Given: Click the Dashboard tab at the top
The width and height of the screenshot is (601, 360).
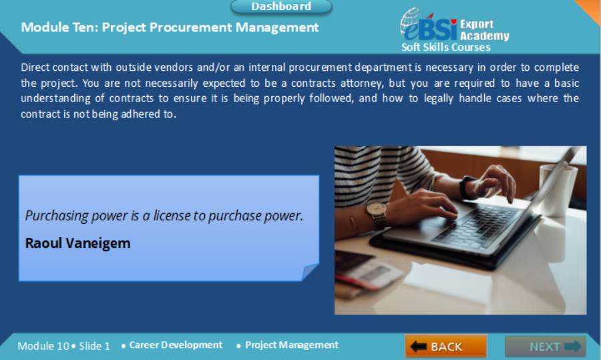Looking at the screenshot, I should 281,7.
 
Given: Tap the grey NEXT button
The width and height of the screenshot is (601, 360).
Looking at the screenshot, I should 546,347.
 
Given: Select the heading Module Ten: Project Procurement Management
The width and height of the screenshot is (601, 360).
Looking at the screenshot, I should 170,27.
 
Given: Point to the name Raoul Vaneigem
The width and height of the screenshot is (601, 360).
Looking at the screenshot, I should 77,243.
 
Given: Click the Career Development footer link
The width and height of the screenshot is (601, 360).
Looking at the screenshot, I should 176,345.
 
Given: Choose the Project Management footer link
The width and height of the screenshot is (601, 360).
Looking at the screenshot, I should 291,345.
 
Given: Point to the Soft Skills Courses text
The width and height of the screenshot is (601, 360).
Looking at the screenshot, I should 445,47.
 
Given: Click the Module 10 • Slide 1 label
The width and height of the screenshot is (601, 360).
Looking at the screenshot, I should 63,346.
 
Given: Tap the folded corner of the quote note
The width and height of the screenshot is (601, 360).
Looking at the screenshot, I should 310,272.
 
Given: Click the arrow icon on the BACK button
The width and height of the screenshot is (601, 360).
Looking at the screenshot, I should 419,347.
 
